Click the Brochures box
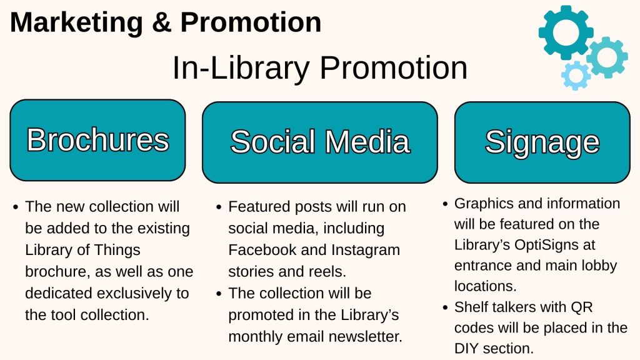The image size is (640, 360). [97, 140]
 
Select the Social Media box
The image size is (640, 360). [320, 142]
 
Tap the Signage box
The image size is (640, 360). [542, 142]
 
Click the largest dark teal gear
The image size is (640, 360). [566, 32]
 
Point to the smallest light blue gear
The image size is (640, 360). [576, 76]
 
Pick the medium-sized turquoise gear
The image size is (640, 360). [607, 57]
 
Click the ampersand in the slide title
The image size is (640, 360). [162, 23]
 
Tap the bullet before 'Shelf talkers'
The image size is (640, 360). [445, 307]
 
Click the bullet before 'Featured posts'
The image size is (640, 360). [219, 207]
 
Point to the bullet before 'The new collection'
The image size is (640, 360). [16, 207]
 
